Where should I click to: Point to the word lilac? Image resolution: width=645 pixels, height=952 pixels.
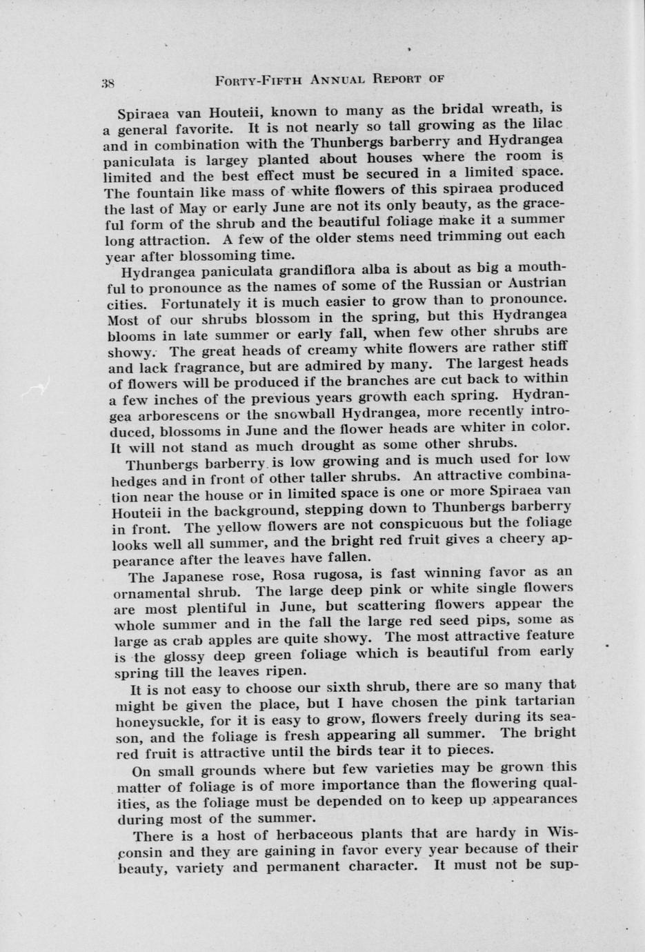549,123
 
